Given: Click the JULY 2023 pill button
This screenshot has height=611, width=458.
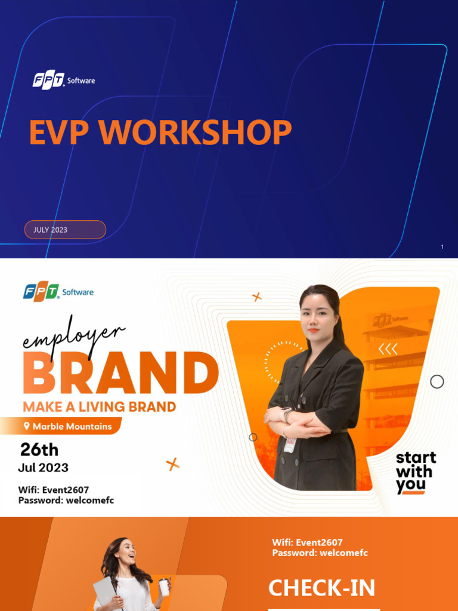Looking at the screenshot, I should (x=65, y=230).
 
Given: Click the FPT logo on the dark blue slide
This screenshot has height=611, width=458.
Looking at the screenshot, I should (x=48, y=80).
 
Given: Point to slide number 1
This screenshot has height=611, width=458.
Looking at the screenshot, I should (x=442, y=247).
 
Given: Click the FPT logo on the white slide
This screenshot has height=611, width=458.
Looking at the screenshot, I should (x=41, y=292).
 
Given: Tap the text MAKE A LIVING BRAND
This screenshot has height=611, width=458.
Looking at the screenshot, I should (x=99, y=407).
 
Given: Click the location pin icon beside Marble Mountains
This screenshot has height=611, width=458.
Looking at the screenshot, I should (x=27, y=426).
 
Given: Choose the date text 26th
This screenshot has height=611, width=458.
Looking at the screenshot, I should (x=39, y=449).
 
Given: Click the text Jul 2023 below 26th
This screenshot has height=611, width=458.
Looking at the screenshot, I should (x=43, y=467).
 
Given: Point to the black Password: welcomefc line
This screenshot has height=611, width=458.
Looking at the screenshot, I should (x=66, y=500).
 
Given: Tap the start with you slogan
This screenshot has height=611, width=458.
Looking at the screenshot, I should (x=416, y=472).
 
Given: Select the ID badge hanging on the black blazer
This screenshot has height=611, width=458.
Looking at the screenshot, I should (x=290, y=444).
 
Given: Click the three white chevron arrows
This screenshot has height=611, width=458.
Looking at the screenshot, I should (x=388, y=349).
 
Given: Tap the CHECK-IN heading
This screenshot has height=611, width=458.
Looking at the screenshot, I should (x=321, y=588).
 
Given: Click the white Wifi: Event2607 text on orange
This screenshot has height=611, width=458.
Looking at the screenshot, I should (x=307, y=542).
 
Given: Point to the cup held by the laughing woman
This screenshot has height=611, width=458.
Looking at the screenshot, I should (x=163, y=587).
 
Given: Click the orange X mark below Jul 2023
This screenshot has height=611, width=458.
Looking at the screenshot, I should (x=173, y=464).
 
